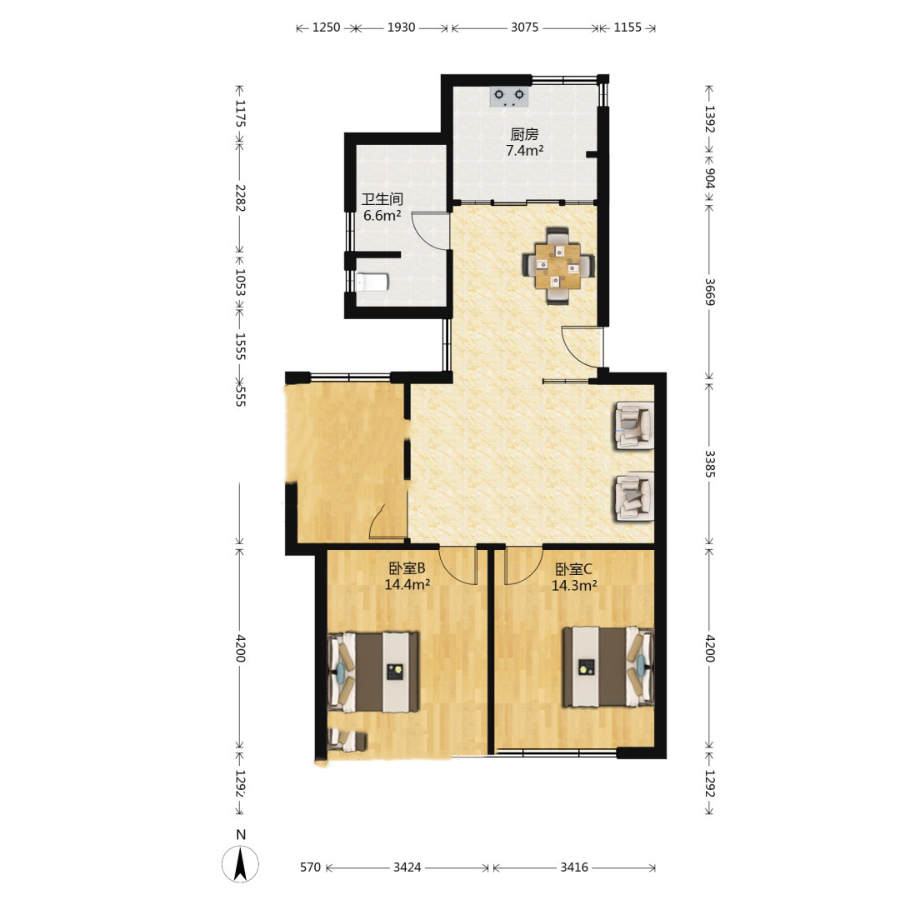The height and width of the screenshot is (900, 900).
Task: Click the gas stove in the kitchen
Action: pos(508,97)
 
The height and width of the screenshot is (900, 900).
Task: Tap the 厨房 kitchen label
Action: pos(524,134)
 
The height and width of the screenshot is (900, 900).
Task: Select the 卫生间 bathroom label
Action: pos(382,199)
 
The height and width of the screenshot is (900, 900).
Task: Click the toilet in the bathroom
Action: pos(372,282)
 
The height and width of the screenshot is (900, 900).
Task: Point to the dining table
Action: pos(557,265)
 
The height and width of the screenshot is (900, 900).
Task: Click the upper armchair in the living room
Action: pos(634,425)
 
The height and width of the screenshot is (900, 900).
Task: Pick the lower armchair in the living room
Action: pos(634,497)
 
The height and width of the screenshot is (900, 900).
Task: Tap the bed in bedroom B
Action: pos(373,672)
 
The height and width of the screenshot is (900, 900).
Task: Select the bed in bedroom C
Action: pos(608,667)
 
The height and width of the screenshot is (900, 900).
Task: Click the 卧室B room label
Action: pos(407,568)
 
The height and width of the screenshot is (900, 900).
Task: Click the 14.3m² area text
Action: pos(574,586)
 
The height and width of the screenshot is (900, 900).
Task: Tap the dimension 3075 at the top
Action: pos(525,27)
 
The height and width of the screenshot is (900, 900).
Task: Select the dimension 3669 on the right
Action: pos(710,292)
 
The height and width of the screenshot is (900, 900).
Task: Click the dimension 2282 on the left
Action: pos(240,197)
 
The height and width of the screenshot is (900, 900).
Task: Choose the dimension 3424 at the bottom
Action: pos(407,867)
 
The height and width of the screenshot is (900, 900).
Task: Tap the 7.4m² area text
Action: pos(525,150)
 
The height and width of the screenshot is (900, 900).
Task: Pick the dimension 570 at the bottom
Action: pos(311,867)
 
